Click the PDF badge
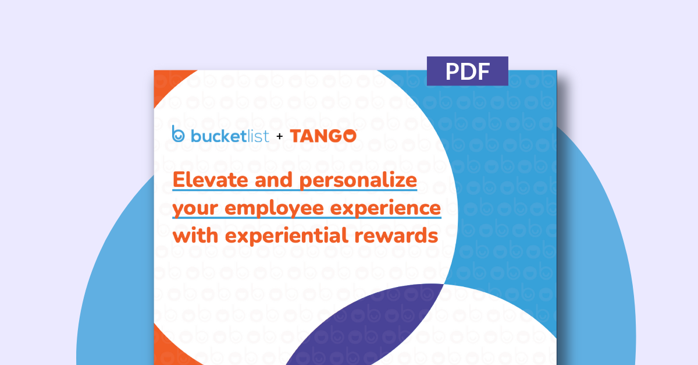click(x=467, y=71)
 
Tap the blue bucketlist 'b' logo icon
click(x=178, y=134)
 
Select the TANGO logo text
click(x=323, y=136)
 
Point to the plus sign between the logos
click(x=279, y=137)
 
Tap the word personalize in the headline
click(x=358, y=180)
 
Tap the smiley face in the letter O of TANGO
click(x=349, y=136)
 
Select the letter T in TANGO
click(x=295, y=136)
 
